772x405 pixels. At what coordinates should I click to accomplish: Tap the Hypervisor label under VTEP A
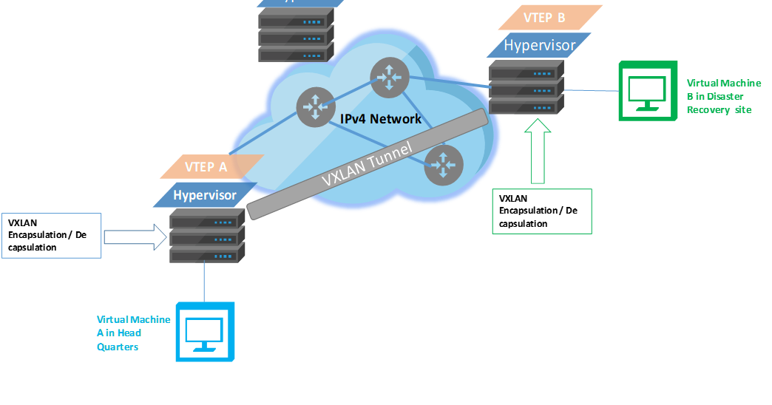(x=205, y=195)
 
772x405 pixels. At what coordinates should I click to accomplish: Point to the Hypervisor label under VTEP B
(x=539, y=45)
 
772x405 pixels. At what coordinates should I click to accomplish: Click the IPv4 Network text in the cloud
(x=381, y=119)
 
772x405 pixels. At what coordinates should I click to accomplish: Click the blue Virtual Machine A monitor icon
(x=205, y=332)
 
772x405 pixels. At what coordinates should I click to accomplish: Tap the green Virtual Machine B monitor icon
(x=647, y=91)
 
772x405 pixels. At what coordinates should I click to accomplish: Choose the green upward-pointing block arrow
(x=538, y=152)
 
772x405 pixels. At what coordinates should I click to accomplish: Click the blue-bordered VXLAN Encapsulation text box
(x=51, y=236)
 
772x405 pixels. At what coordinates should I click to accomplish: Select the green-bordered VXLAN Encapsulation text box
(x=541, y=211)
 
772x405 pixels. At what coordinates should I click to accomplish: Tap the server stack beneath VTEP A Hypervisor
(x=207, y=236)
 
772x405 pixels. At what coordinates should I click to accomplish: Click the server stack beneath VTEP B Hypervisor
(x=526, y=88)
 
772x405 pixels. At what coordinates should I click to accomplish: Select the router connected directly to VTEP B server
(x=389, y=77)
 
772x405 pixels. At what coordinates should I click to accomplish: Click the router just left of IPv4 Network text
(x=316, y=106)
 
